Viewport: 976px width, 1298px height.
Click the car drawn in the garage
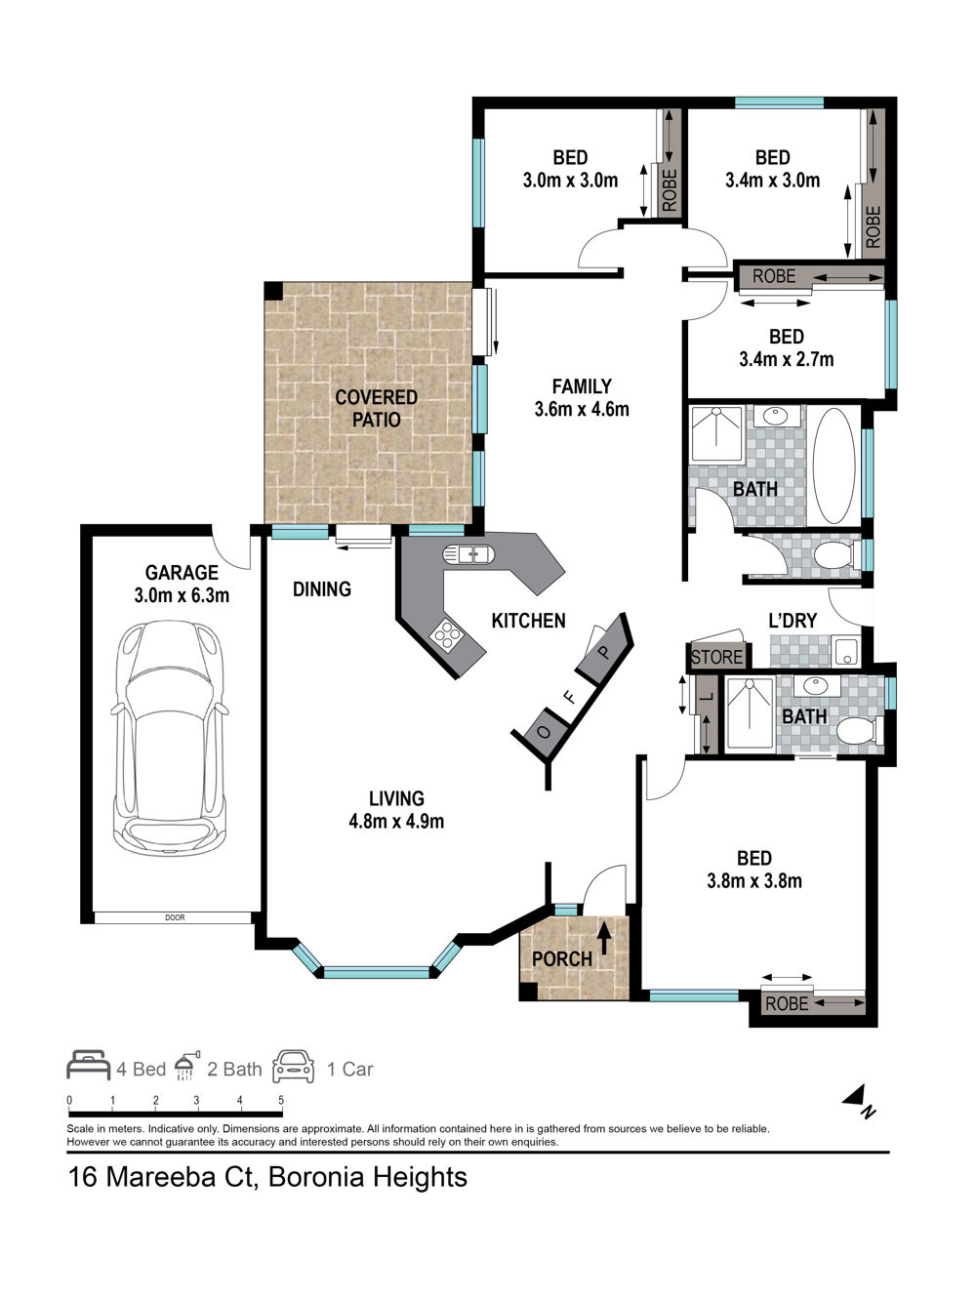(170, 738)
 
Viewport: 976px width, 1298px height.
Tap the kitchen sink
(468, 554)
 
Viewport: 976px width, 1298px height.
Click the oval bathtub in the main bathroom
(834, 466)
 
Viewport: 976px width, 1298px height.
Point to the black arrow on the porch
(603, 939)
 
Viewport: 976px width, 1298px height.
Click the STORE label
(716, 657)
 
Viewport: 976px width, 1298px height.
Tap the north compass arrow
(855, 1095)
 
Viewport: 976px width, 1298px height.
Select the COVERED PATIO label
(376, 408)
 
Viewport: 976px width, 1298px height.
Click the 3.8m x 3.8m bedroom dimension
(754, 881)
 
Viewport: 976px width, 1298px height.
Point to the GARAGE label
(182, 573)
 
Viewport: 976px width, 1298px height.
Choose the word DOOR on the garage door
(175, 917)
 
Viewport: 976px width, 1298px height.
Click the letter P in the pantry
(603, 653)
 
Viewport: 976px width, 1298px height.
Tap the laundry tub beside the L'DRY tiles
(845, 651)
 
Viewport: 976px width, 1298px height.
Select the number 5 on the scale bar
(281, 1100)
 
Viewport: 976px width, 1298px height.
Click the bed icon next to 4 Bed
(88, 1065)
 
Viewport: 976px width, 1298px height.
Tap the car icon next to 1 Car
(293, 1066)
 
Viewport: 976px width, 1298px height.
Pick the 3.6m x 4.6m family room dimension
(582, 409)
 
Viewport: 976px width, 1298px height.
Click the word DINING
(322, 588)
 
